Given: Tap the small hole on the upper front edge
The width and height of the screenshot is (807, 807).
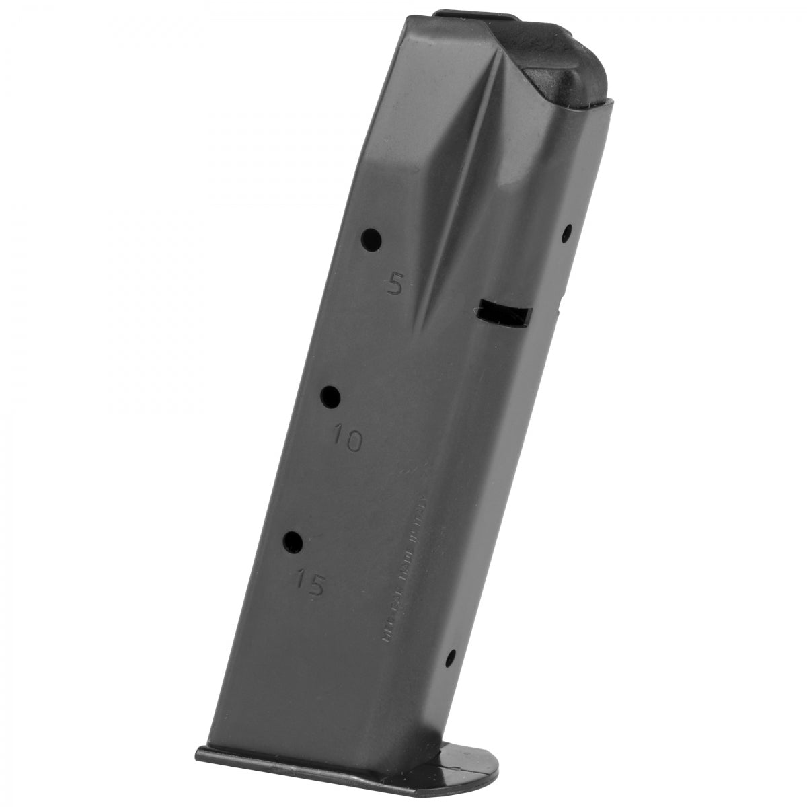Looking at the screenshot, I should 566,234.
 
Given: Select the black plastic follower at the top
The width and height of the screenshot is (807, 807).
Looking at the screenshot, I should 565,74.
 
